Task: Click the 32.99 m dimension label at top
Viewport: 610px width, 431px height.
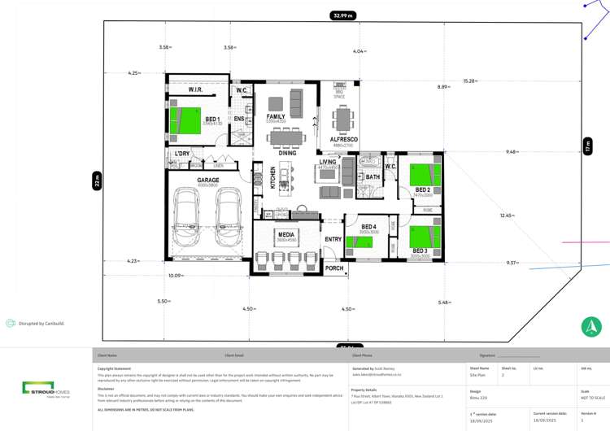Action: [343, 15]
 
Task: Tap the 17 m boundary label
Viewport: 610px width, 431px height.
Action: [587, 146]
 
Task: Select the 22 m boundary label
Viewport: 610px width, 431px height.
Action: [96, 181]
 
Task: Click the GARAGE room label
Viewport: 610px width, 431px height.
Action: [208, 180]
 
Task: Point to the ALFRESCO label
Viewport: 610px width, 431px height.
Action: [343, 139]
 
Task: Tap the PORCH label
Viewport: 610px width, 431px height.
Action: [334, 268]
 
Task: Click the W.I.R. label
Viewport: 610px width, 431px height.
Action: [196, 89]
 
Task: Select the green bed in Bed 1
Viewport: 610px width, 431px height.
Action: [190, 120]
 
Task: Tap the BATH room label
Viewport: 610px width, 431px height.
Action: [373, 176]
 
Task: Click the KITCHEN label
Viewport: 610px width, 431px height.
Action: [273, 178]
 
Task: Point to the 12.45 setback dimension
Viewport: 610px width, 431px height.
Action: [507, 215]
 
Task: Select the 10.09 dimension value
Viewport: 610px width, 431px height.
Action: [175, 276]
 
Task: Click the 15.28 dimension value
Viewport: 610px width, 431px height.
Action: [470, 81]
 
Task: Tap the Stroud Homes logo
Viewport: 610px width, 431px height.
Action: [46, 388]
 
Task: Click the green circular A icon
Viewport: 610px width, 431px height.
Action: [591, 327]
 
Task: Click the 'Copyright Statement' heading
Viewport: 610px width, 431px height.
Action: [114, 368]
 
